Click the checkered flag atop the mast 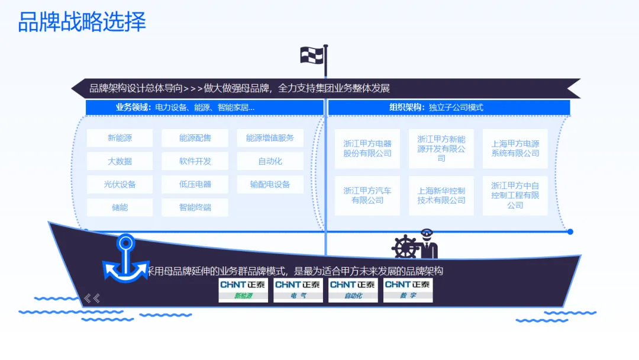click(312, 55)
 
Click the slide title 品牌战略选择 click(82, 22)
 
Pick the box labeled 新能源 click(120, 138)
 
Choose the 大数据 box click(120, 161)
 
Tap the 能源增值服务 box click(270, 138)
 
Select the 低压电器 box click(195, 184)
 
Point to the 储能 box click(120, 207)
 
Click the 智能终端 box click(195, 207)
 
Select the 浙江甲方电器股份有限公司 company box click(367, 149)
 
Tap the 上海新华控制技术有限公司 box click(441, 196)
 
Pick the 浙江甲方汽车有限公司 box click(367, 196)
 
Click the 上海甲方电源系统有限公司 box click(515, 149)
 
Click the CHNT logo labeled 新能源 click(243, 290)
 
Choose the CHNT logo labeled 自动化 click(353, 290)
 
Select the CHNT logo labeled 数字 click(408, 290)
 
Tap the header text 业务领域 click(133, 107)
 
